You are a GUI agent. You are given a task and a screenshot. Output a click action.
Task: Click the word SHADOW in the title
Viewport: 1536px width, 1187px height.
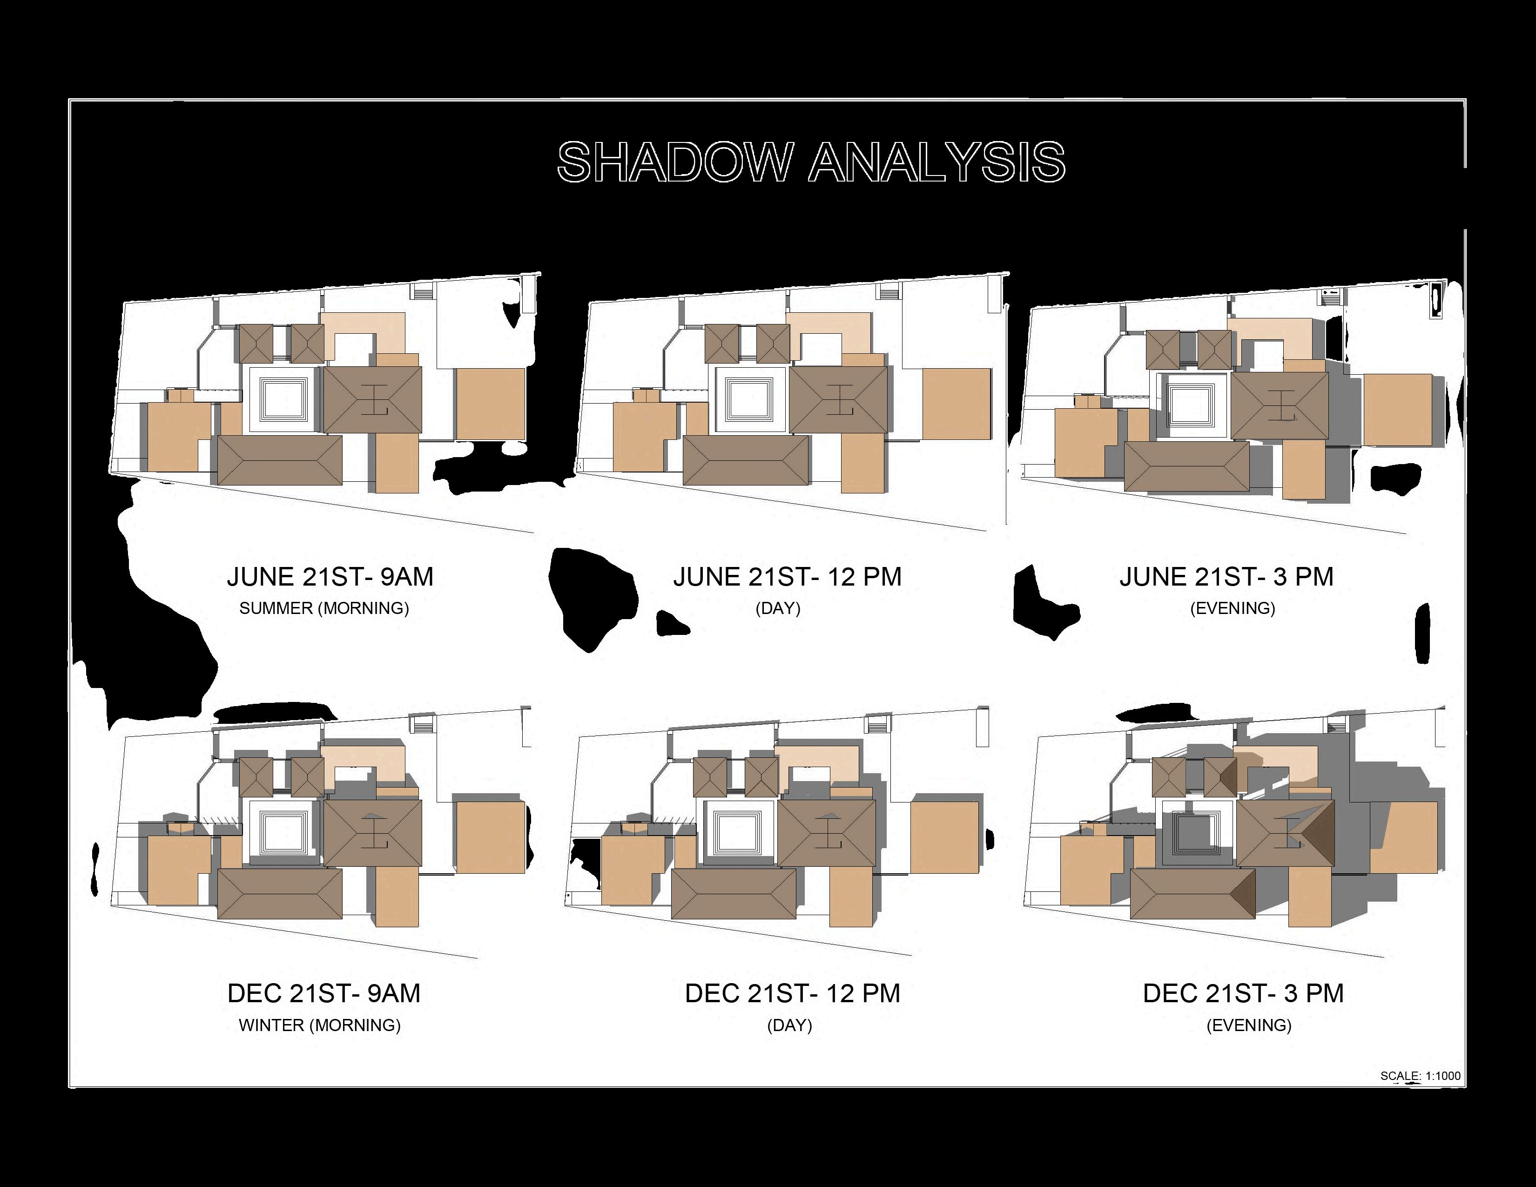click(x=675, y=162)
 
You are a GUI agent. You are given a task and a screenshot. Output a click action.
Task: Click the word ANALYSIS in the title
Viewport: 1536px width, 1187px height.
click(x=937, y=162)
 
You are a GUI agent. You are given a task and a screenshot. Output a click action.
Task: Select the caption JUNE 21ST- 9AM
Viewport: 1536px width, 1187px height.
click(x=330, y=577)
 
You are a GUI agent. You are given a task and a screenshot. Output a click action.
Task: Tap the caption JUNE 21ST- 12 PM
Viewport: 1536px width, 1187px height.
click(x=787, y=577)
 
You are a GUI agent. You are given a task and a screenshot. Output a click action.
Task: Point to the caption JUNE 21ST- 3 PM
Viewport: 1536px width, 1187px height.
click(x=1226, y=577)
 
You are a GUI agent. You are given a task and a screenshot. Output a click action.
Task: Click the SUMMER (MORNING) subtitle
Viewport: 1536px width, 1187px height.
click(x=324, y=608)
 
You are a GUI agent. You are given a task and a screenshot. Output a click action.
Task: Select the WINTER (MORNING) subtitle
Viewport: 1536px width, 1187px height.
click(x=320, y=1025)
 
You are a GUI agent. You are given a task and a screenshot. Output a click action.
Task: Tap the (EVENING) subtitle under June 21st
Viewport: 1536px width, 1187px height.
click(x=1232, y=608)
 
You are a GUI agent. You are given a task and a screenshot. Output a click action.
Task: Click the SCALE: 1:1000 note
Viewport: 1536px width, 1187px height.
click(x=1420, y=1076)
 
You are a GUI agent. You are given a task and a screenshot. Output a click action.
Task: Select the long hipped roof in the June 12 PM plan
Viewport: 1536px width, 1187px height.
click(x=746, y=460)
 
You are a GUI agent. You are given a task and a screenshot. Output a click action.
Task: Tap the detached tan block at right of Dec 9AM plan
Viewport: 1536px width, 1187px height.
click(x=490, y=837)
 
